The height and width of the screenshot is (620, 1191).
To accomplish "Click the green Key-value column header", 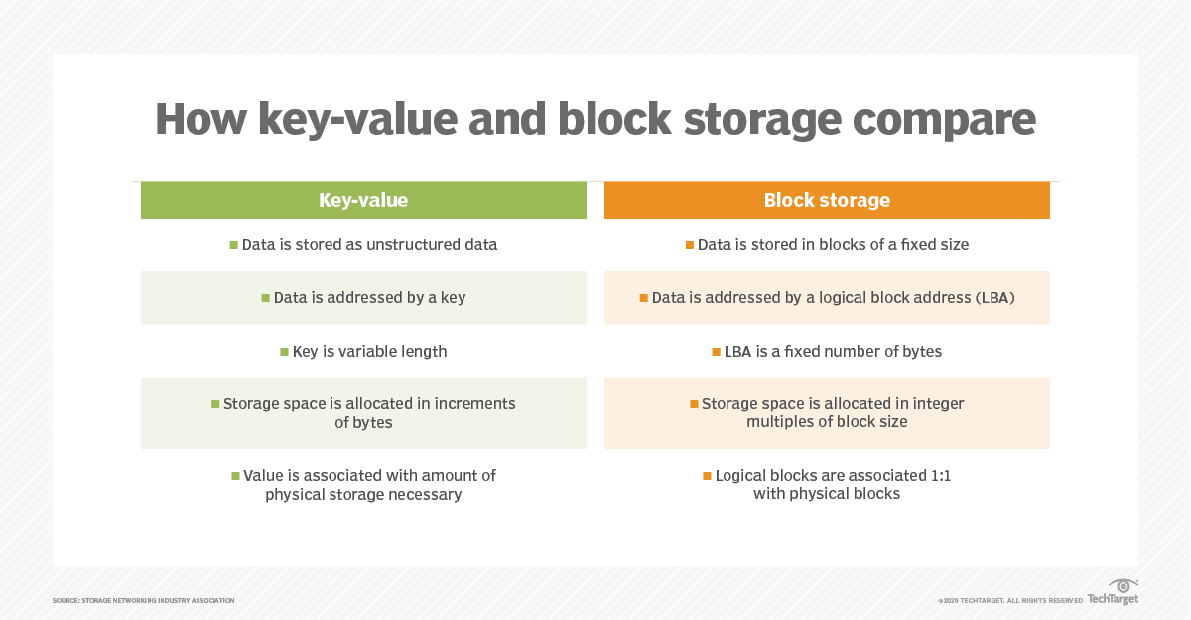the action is [363, 200].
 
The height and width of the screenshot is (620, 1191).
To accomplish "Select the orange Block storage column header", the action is [827, 200].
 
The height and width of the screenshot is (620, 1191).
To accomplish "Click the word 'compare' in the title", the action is [944, 120].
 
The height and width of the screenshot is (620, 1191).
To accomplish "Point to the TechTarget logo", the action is [1113, 592].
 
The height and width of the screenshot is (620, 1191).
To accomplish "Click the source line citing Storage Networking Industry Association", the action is [144, 601].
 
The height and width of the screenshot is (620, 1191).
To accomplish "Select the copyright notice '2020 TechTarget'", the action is [1010, 601].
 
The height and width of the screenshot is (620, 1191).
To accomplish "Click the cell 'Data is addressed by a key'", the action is [363, 298].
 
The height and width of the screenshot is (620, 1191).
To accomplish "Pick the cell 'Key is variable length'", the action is [363, 352].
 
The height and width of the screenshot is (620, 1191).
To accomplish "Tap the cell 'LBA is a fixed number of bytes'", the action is [827, 352].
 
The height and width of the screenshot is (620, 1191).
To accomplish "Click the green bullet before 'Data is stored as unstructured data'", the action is [233, 245].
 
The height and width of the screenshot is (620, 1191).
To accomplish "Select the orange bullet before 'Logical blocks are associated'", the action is [707, 476].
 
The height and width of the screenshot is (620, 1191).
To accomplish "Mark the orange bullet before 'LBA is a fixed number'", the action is [717, 352].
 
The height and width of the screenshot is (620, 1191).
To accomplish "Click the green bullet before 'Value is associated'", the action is [235, 476].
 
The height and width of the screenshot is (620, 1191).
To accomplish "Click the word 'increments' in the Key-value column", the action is [474, 404].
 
